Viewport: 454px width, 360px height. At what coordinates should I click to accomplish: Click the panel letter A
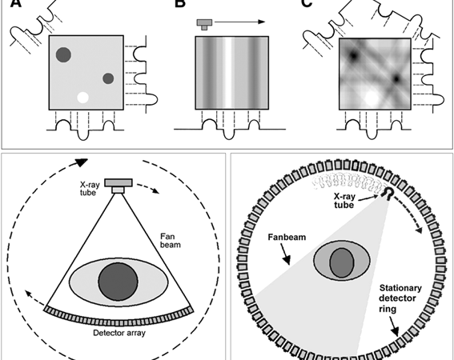point(16,3)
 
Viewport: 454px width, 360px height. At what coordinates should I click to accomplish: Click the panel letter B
point(180,3)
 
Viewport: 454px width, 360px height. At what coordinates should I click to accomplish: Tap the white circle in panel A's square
point(82,98)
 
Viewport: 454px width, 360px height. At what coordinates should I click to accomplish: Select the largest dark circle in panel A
point(63,54)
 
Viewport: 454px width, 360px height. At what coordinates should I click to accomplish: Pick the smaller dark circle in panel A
point(108,78)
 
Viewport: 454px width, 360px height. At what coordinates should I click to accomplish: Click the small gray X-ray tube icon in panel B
point(205,24)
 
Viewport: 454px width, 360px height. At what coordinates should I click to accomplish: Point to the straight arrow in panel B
point(239,22)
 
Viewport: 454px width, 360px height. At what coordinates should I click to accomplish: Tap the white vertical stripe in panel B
point(228,73)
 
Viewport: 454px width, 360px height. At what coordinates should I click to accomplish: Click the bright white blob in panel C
point(372,98)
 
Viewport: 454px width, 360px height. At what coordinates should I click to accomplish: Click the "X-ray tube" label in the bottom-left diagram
point(90,188)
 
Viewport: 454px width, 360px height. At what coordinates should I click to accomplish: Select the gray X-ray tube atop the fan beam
point(119,186)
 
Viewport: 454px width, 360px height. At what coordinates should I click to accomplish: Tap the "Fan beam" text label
point(171,241)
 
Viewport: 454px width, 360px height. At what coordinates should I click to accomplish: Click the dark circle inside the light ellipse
point(119,282)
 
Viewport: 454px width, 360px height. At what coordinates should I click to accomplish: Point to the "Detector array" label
point(119,333)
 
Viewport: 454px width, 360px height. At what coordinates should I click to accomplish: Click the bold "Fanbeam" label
point(287,237)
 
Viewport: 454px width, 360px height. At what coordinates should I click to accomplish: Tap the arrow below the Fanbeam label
point(284,254)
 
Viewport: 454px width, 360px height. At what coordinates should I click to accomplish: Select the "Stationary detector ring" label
point(400,298)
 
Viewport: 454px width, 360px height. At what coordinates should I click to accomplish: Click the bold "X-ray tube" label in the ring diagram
point(344,201)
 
